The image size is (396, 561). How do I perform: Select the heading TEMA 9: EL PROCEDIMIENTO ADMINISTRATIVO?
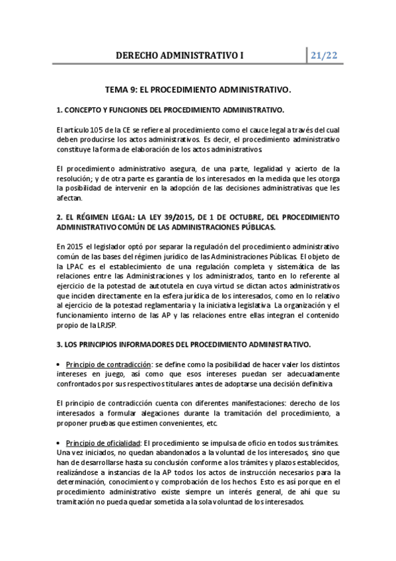198,88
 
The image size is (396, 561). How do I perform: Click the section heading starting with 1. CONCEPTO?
171,109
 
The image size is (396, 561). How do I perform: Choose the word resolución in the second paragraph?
75,178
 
